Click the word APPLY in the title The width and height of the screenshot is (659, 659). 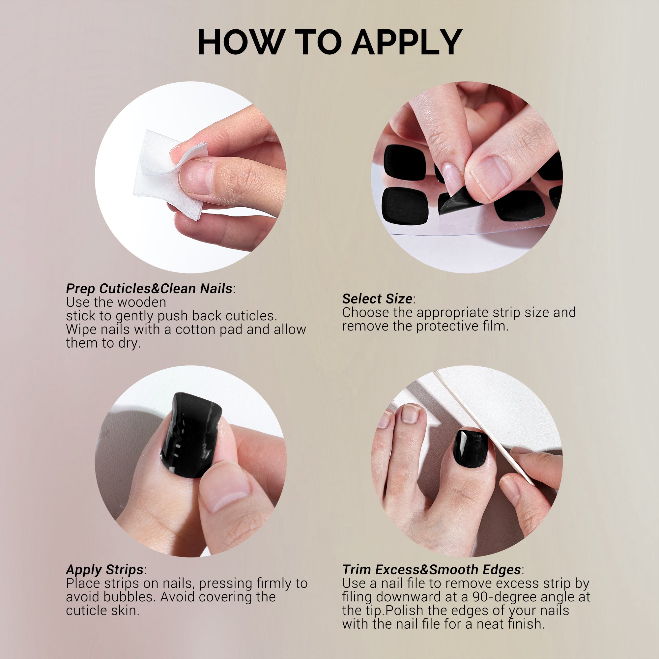[407, 42]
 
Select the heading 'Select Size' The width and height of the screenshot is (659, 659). [377, 299]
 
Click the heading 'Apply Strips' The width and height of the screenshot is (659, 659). [105, 570]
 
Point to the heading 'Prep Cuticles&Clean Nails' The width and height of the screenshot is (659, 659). [149, 289]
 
